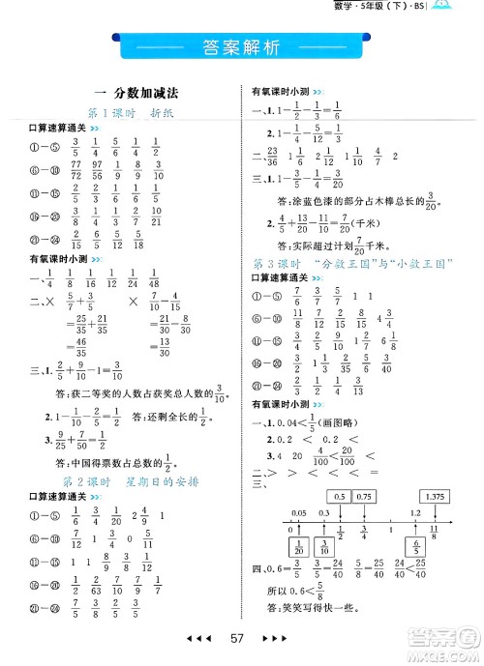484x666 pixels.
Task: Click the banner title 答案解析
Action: point(242,46)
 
